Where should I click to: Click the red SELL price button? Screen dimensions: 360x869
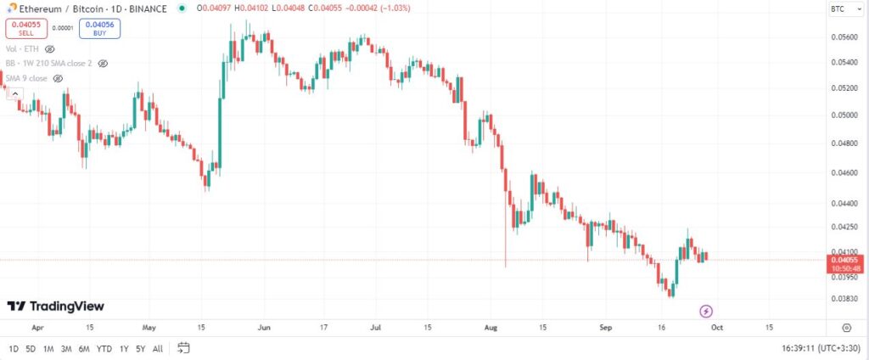click(x=28, y=28)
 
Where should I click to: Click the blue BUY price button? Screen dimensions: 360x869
click(x=99, y=28)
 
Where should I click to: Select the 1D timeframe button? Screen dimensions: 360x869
click(x=13, y=348)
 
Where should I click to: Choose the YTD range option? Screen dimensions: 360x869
click(x=104, y=348)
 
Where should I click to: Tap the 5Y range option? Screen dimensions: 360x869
click(x=140, y=348)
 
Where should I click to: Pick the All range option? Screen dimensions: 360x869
click(x=158, y=348)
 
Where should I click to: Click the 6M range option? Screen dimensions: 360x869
click(x=84, y=348)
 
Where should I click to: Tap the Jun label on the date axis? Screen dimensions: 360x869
click(x=264, y=326)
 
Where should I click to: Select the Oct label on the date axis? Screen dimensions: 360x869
click(x=717, y=326)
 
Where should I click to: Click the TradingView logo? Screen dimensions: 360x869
click(x=56, y=306)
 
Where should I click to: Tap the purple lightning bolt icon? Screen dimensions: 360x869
click(x=705, y=311)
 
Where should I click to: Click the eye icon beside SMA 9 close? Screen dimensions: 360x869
click(x=59, y=78)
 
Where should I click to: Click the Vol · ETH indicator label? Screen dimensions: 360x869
click(x=23, y=49)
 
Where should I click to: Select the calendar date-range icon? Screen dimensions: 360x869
click(x=183, y=348)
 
